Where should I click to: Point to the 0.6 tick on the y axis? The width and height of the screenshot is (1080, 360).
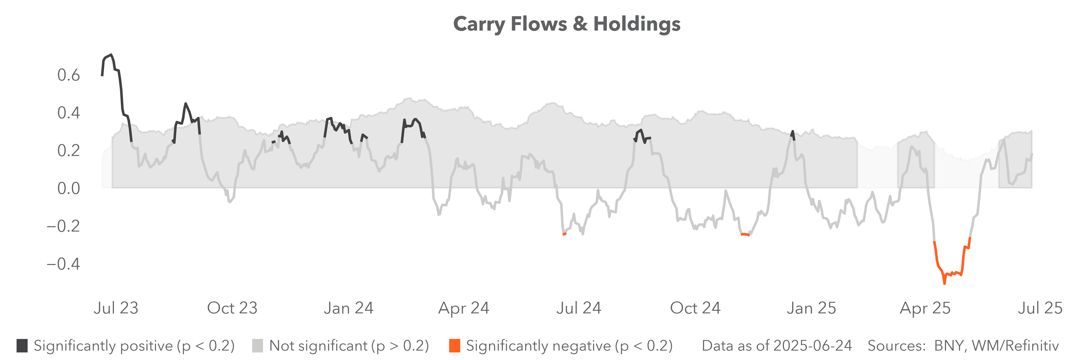tap(68, 75)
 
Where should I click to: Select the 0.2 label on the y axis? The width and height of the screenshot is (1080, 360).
tap(68, 150)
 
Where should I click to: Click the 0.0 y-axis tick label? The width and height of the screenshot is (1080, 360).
tap(68, 188)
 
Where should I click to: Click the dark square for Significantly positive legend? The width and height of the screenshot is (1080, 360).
tap(22, 346)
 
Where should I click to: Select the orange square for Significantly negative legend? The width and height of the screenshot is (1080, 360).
tap(454, 346)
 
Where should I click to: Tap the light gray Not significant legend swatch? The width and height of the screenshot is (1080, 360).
tap(257, 346)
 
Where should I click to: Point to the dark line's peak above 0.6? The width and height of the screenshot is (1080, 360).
tap(111, 55)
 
